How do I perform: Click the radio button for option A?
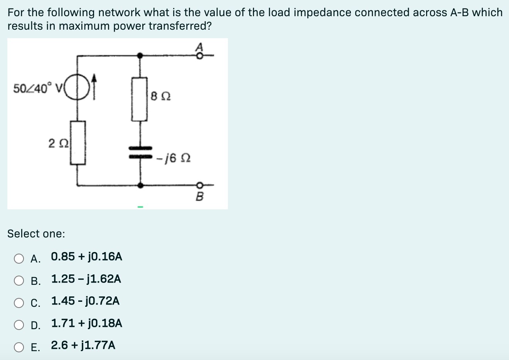coord(19,259)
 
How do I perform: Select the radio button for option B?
coord(19,281)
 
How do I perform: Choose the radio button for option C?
coord(19,303)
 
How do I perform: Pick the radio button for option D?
coord(19,325)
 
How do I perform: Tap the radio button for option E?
coord(19,347)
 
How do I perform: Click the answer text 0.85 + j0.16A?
coord(86,257)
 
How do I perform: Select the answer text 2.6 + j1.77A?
coord(83,345)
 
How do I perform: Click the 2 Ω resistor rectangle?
coord(78,143)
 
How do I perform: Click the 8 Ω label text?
coord(161,96)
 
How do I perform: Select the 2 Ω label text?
coord(59,143)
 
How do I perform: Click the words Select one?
coord(36,234)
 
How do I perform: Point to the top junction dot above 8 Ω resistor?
coord(140,56)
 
